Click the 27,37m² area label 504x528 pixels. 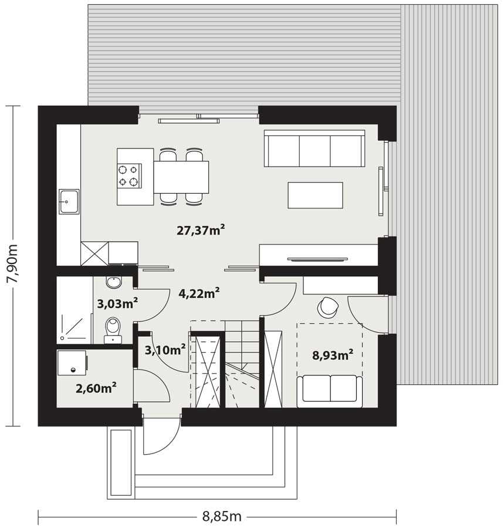coord(201,231)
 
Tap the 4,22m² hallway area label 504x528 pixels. coord(199,293)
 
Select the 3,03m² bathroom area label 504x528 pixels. coord(117,303)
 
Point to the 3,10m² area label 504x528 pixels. coord(165,350)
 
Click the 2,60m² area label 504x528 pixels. coord(96,388)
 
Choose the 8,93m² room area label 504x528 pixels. coord(333,355)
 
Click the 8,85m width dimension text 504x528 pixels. coord(222,516)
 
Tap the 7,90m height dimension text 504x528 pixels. coord(13,266)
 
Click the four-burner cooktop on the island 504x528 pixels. coord(129,176)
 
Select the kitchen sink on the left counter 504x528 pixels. coord(69,201)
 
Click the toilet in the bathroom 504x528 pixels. coord(113,330)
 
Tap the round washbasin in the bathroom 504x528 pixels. coord(114,283)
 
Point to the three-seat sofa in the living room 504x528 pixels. coord(314,148)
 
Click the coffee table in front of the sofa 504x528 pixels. coord(315,195)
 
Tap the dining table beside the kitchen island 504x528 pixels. coord(181,177)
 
